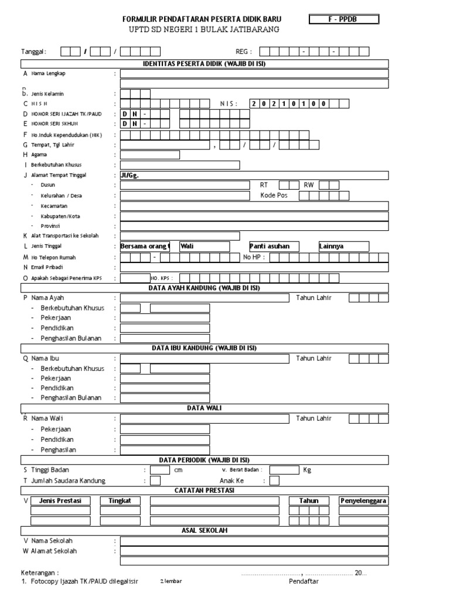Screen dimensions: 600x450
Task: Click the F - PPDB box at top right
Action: (344, 19)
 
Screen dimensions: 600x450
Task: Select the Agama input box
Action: (149, 155)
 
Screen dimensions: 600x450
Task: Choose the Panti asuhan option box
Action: (274, 246)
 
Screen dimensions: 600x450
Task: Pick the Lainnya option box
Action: (343, 246)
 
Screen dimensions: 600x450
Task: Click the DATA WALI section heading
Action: (204, 408)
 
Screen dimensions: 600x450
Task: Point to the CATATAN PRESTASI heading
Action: (204, 490)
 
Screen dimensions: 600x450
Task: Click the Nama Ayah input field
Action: (204, 298)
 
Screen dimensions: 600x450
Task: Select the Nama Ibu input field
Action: (204, 358)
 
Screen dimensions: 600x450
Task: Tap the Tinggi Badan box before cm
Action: (159, 470)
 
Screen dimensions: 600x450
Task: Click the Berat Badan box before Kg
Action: (284, 470)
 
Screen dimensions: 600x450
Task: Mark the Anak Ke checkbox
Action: (274, 481)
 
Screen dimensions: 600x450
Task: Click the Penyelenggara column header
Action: (363, 501)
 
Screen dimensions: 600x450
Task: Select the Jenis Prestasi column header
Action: (60, 501)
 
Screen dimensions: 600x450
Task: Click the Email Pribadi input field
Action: (254, 267)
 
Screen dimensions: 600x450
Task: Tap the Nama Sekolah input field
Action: (254, 541)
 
